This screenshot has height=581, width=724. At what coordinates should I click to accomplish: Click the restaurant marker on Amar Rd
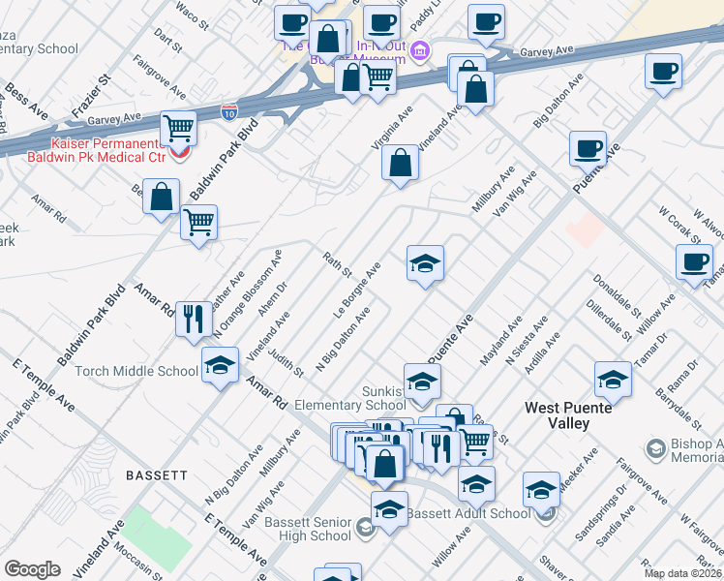pos(195,317)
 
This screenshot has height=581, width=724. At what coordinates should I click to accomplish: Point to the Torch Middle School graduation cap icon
pos(220,366)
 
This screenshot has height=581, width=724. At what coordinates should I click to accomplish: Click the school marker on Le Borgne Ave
pos(424,262)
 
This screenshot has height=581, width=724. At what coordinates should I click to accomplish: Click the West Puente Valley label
pos(570,416)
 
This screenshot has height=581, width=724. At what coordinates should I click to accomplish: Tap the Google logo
pos(32,569)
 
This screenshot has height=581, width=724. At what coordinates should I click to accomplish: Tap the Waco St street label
pos(193,11)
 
